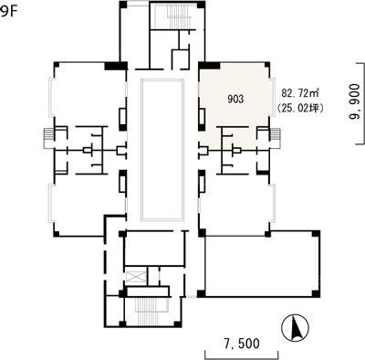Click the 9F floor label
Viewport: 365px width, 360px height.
coord(7,12)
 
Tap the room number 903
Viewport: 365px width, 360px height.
coord(235,100)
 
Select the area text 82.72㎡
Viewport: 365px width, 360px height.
coord(299,92)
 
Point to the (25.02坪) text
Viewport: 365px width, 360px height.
coord(299,108)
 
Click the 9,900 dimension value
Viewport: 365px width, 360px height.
coord(355,103)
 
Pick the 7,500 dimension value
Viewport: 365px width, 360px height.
coord(242,344)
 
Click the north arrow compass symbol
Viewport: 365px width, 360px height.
coord(296,328)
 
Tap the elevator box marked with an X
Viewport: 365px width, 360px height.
coord(136,277)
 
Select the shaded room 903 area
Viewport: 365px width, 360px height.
coord(235,101)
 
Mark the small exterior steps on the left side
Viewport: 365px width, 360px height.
coord(49,135)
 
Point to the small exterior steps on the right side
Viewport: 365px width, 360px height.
coord(275,135)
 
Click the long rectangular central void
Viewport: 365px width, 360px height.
coord(162,150)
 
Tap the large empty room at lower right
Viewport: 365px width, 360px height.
coord(262,264)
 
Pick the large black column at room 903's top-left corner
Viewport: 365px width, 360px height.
coord(209,66)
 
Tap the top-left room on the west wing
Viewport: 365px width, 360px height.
coord(89,94)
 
